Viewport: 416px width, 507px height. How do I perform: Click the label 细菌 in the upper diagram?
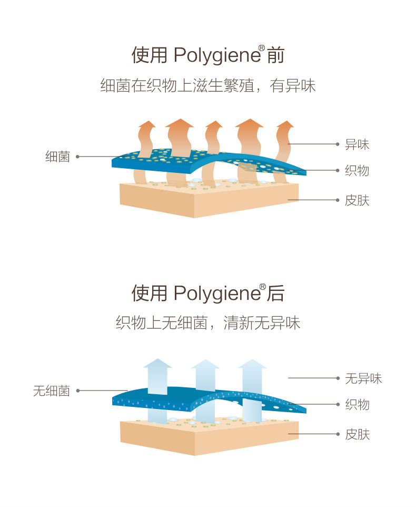coord(57,157)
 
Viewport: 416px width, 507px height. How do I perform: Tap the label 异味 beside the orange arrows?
coord(357,144)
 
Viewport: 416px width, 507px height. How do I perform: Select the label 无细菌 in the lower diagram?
coord(51,391)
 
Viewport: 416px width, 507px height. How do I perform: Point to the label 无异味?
coord(363,378)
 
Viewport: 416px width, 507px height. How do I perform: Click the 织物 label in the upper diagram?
coord(357,170)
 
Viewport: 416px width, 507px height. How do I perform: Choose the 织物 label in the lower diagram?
coord(357,404)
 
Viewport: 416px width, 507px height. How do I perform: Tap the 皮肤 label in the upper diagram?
coord(357,200)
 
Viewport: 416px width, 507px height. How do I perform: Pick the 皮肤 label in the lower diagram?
coord(357,434)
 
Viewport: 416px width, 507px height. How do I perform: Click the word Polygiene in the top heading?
coord(215,55)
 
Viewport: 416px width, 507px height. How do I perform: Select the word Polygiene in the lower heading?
coord(215,294)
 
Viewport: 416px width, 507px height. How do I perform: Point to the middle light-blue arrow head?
coord(205,364)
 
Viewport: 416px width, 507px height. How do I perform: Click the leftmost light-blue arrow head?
coord(158,363)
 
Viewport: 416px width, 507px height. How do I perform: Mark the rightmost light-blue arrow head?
coord(252,364)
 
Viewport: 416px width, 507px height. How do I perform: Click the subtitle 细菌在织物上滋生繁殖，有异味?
coord(208,85)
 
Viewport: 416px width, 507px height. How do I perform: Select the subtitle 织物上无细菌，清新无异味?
coord(208,323)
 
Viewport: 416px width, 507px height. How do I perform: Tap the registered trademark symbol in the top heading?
coord(261,48)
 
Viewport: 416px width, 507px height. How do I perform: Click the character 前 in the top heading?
coord(275,55)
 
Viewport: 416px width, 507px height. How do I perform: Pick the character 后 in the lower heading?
coord(275,294)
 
